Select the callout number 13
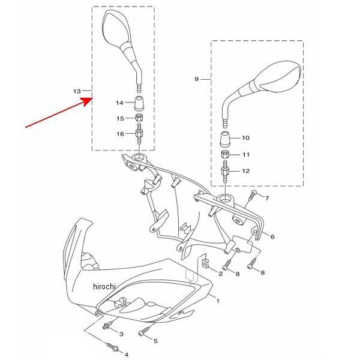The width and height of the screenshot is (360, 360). (77, 91)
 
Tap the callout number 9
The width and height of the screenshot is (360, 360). (196, 79)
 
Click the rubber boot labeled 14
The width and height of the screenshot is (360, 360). (139, 103)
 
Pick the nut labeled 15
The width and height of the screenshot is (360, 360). (139, 118)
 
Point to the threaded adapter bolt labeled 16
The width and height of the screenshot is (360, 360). (139, 134)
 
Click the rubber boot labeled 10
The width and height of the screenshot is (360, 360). (225, 139)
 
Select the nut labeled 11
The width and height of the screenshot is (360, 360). (225, 154)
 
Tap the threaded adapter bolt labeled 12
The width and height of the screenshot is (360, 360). (225, 171)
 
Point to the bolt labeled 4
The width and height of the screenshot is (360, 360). (113, 347)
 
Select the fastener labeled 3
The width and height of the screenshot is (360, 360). (107, 325)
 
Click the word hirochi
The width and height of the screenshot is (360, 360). (104, 286)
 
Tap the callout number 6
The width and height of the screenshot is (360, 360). (272, 237)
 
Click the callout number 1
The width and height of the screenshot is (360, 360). (218, 301)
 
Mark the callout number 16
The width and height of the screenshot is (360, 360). (121, 134)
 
